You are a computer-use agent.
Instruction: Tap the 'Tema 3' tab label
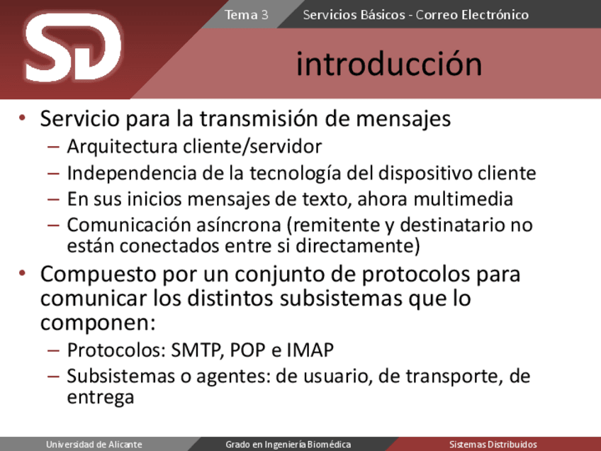(246, 15)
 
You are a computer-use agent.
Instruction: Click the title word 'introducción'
(389, 64)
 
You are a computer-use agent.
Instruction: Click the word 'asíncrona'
(239, 225)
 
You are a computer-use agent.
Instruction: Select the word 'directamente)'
(358, 246)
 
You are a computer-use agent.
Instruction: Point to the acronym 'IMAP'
(310, 350)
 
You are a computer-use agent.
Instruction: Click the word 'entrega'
(101, 397)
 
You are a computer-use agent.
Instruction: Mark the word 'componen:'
(98, 323)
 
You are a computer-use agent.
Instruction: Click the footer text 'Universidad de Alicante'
(94, 445)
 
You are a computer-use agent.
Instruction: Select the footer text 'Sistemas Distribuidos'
(493, 445)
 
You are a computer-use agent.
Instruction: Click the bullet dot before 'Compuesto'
(22, 274)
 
